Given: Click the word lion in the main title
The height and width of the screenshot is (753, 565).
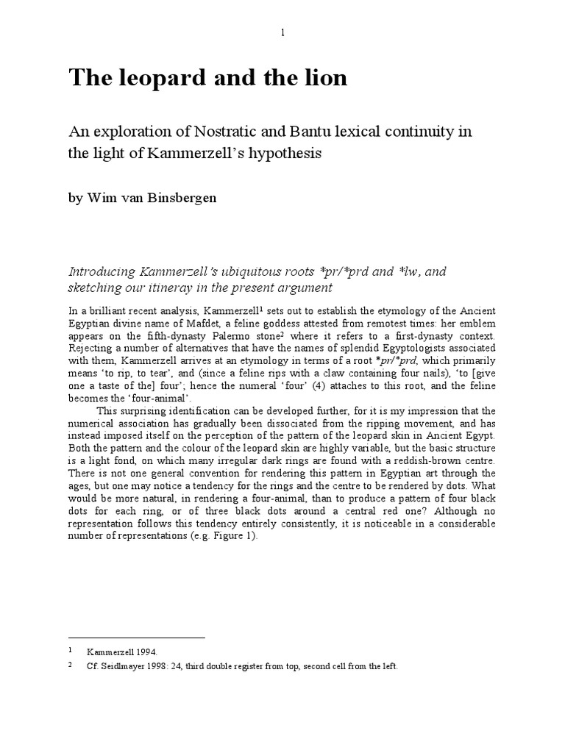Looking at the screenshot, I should tap(321, 78).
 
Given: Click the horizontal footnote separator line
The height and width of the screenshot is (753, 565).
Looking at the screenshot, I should tap(137, 638).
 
